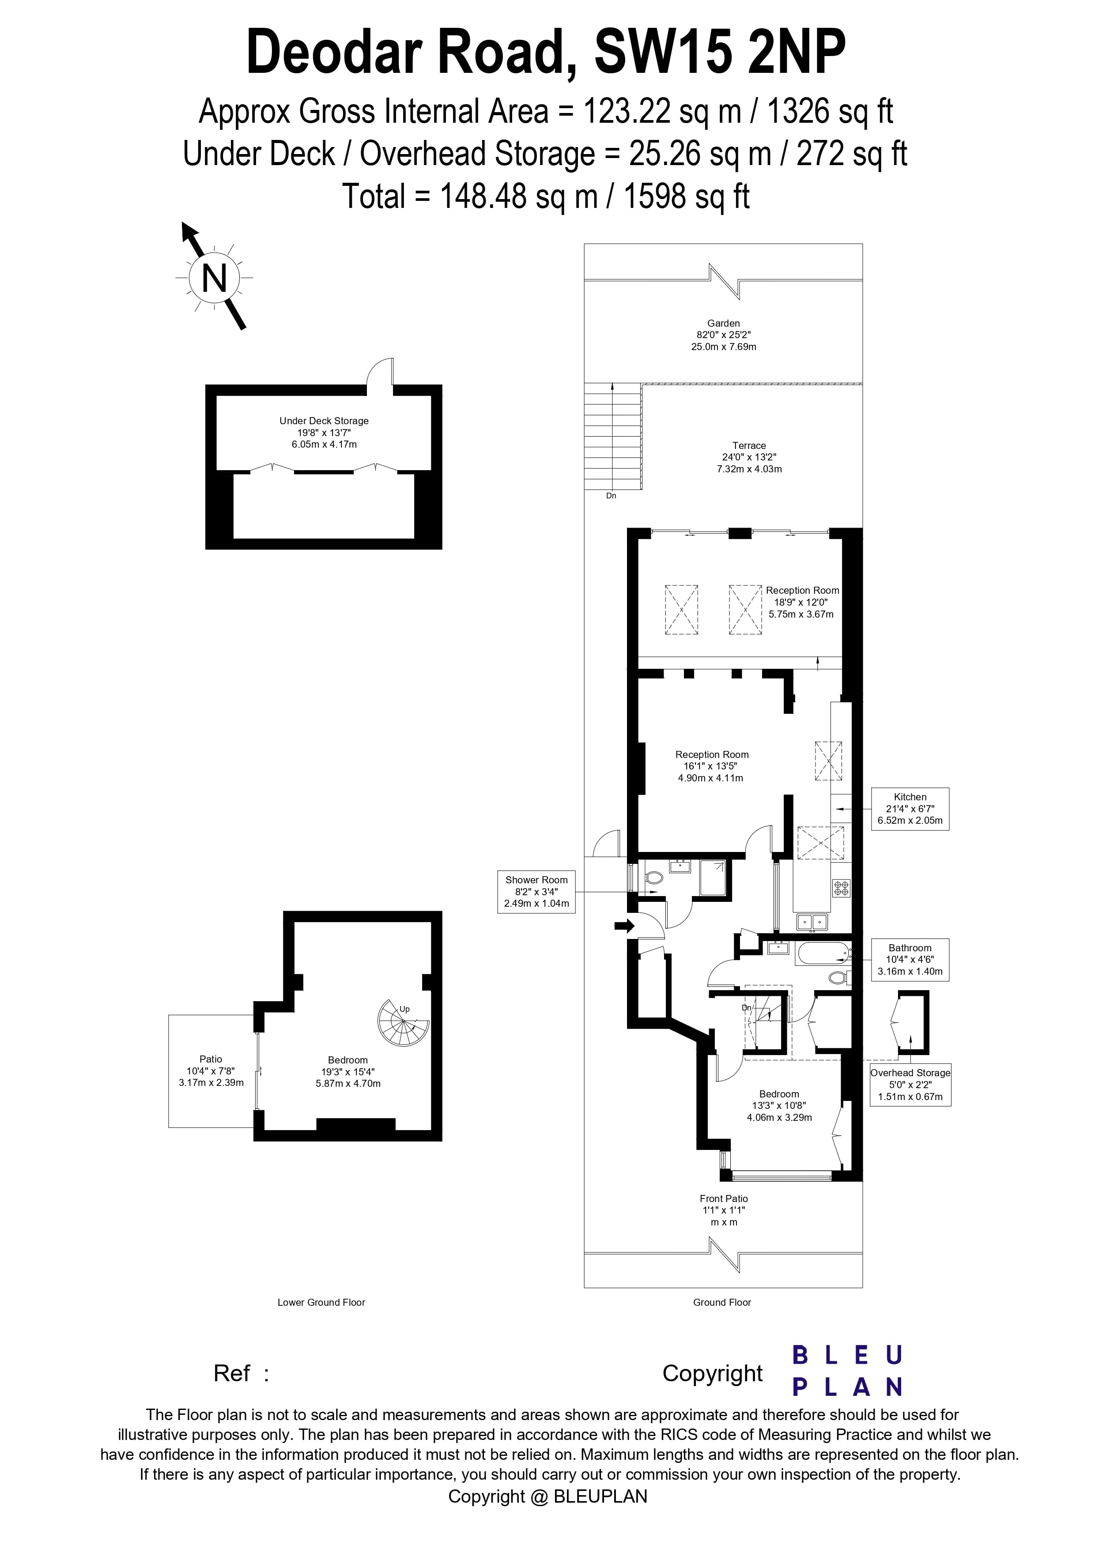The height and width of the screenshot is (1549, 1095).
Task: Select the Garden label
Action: (723, 323)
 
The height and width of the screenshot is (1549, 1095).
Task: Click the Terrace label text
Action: (749, 445)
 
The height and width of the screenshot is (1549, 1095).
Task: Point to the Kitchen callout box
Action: (910, 808)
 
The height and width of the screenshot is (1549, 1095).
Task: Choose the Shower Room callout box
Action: (536, 891)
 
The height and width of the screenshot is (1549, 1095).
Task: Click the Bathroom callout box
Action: (910, 959)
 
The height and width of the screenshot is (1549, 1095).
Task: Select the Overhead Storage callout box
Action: (910, 1084)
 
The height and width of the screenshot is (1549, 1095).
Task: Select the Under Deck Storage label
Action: (324, 421)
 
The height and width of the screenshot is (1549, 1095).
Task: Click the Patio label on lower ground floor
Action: (211, 1059)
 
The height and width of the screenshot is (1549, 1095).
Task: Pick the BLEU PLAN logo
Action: (847, 1372)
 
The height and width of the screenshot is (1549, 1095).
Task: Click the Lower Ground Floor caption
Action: (321, 1302)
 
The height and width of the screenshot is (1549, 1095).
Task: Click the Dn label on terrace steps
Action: (611, 496)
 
